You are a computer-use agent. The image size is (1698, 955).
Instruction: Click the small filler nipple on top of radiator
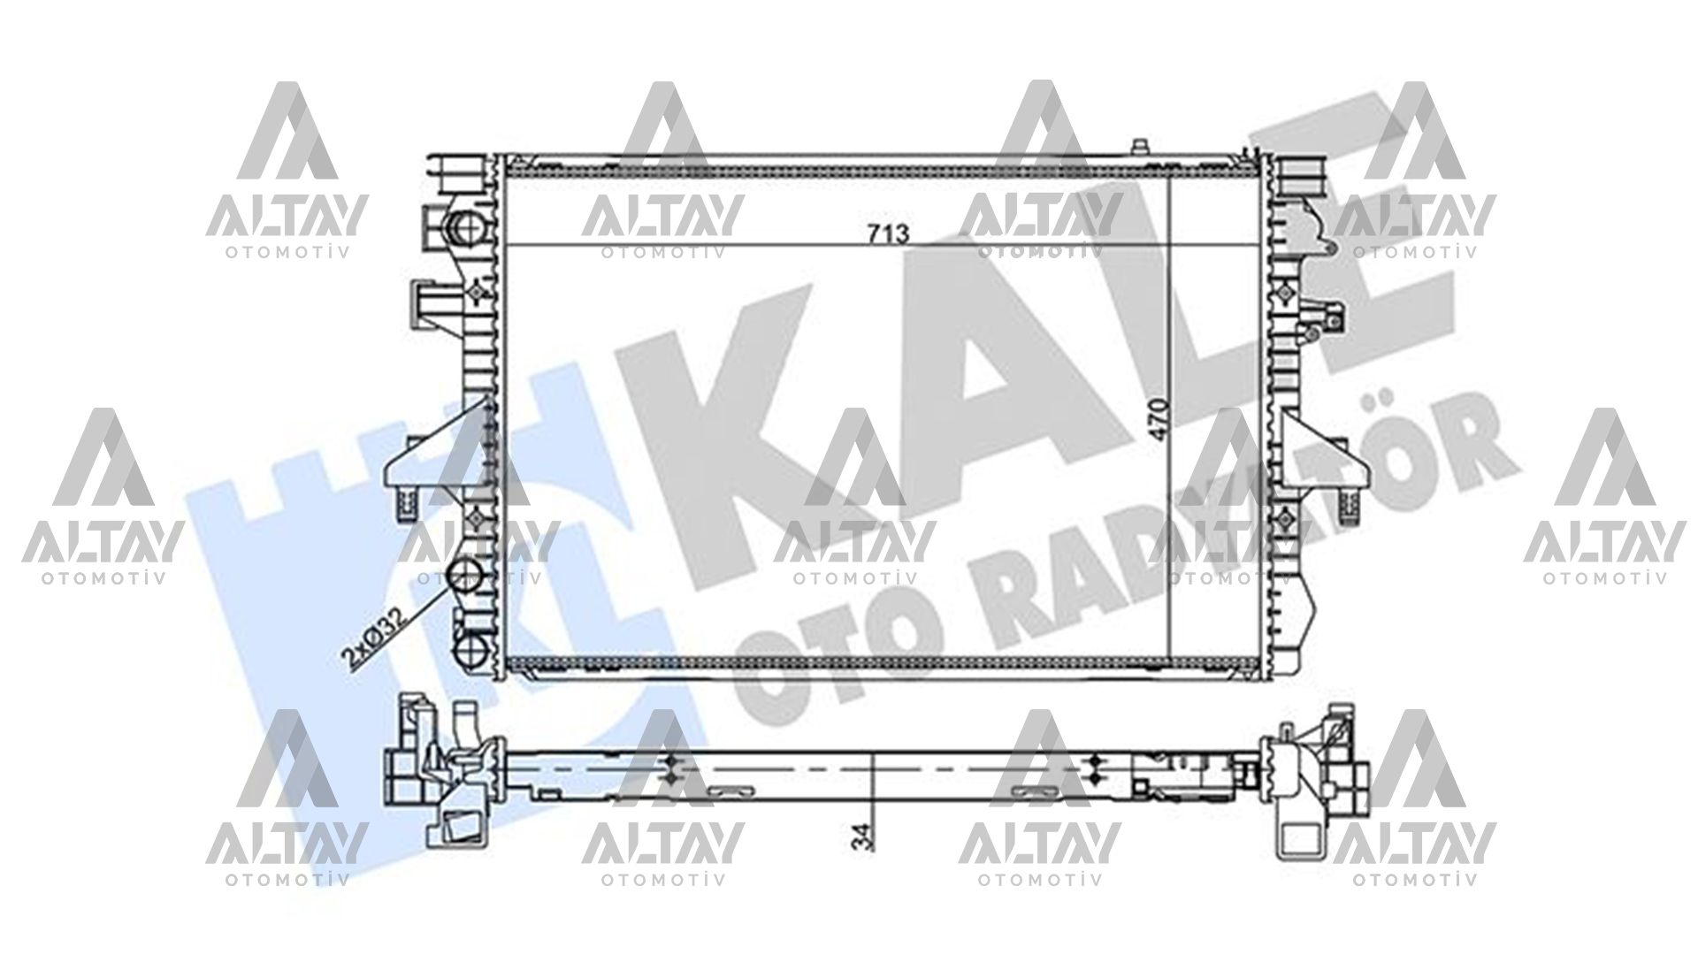pos(1142,147)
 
